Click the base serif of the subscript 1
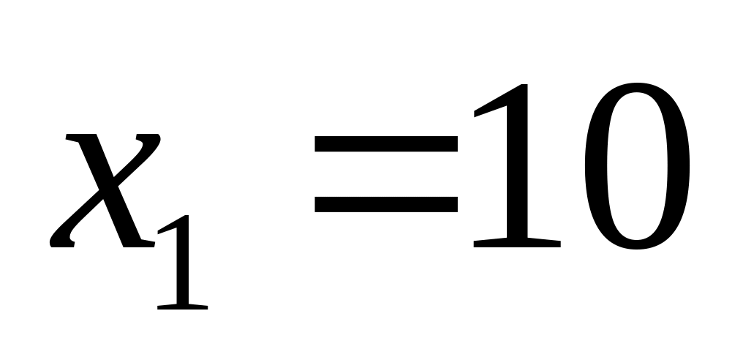click(x=184, y=305)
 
